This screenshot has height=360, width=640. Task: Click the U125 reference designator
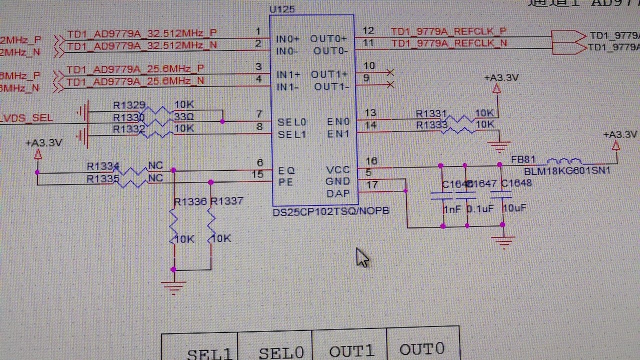tap(282, 9)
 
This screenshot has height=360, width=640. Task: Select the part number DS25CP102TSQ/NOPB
tap(330, 211)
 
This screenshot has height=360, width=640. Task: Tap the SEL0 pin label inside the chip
tap(292, 122)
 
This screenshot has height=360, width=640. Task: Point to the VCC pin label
tap(337, 170)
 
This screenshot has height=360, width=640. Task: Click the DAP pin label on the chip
tap(337, 194)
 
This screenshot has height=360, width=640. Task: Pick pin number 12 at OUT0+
tap(368, 31)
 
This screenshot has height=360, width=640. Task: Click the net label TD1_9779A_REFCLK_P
tap(448, 31)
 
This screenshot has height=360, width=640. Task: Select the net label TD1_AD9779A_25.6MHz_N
tap(135, 80)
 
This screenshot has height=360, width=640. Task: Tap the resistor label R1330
tap(128, 117)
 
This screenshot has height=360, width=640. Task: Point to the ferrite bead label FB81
tap(523, 160)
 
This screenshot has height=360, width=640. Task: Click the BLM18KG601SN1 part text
tap(567, 171)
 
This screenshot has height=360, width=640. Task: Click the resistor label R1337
tap(226, 201)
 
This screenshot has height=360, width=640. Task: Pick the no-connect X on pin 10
tap(390, 72)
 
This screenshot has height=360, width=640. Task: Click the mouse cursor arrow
tap(361, 257)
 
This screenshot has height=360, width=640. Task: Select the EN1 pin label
tap(338, 134)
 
